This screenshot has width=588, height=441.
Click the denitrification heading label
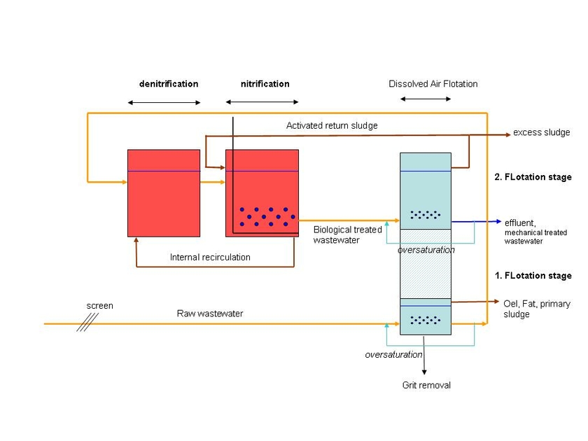(x=169, y=83)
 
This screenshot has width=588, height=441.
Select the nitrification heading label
(x=265, y=83)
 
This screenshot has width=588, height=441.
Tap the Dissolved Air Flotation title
(x=433, y=83)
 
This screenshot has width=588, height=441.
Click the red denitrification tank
(x=164, y=193)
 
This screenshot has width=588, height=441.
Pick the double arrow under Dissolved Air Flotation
(x=426, y=99)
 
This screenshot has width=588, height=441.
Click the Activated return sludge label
(x=332, y=125)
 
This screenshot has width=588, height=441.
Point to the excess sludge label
(x=542, y=132)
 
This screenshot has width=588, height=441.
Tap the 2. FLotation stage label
(x=533, y=177)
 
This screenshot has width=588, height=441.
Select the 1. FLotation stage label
(x=533, y=276)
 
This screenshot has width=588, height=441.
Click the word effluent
(x=520, y=223)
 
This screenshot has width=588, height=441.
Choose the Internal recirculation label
(x=210, y=258)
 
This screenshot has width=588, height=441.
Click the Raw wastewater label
(x=210, y=314)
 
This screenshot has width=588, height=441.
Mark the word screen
(x=99, y=306)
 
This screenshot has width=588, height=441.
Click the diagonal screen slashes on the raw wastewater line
(x=87, y=323)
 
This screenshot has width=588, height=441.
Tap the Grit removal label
(x=426, y=385)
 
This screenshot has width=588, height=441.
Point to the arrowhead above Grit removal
(x=424, y=372)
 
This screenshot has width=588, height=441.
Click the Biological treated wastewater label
(x=348, y=234)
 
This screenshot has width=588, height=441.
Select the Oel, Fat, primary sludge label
(x=537, y=309)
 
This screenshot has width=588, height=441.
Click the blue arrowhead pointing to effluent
(x=498, y=221)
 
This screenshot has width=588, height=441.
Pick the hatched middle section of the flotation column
(x=426, y=264)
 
